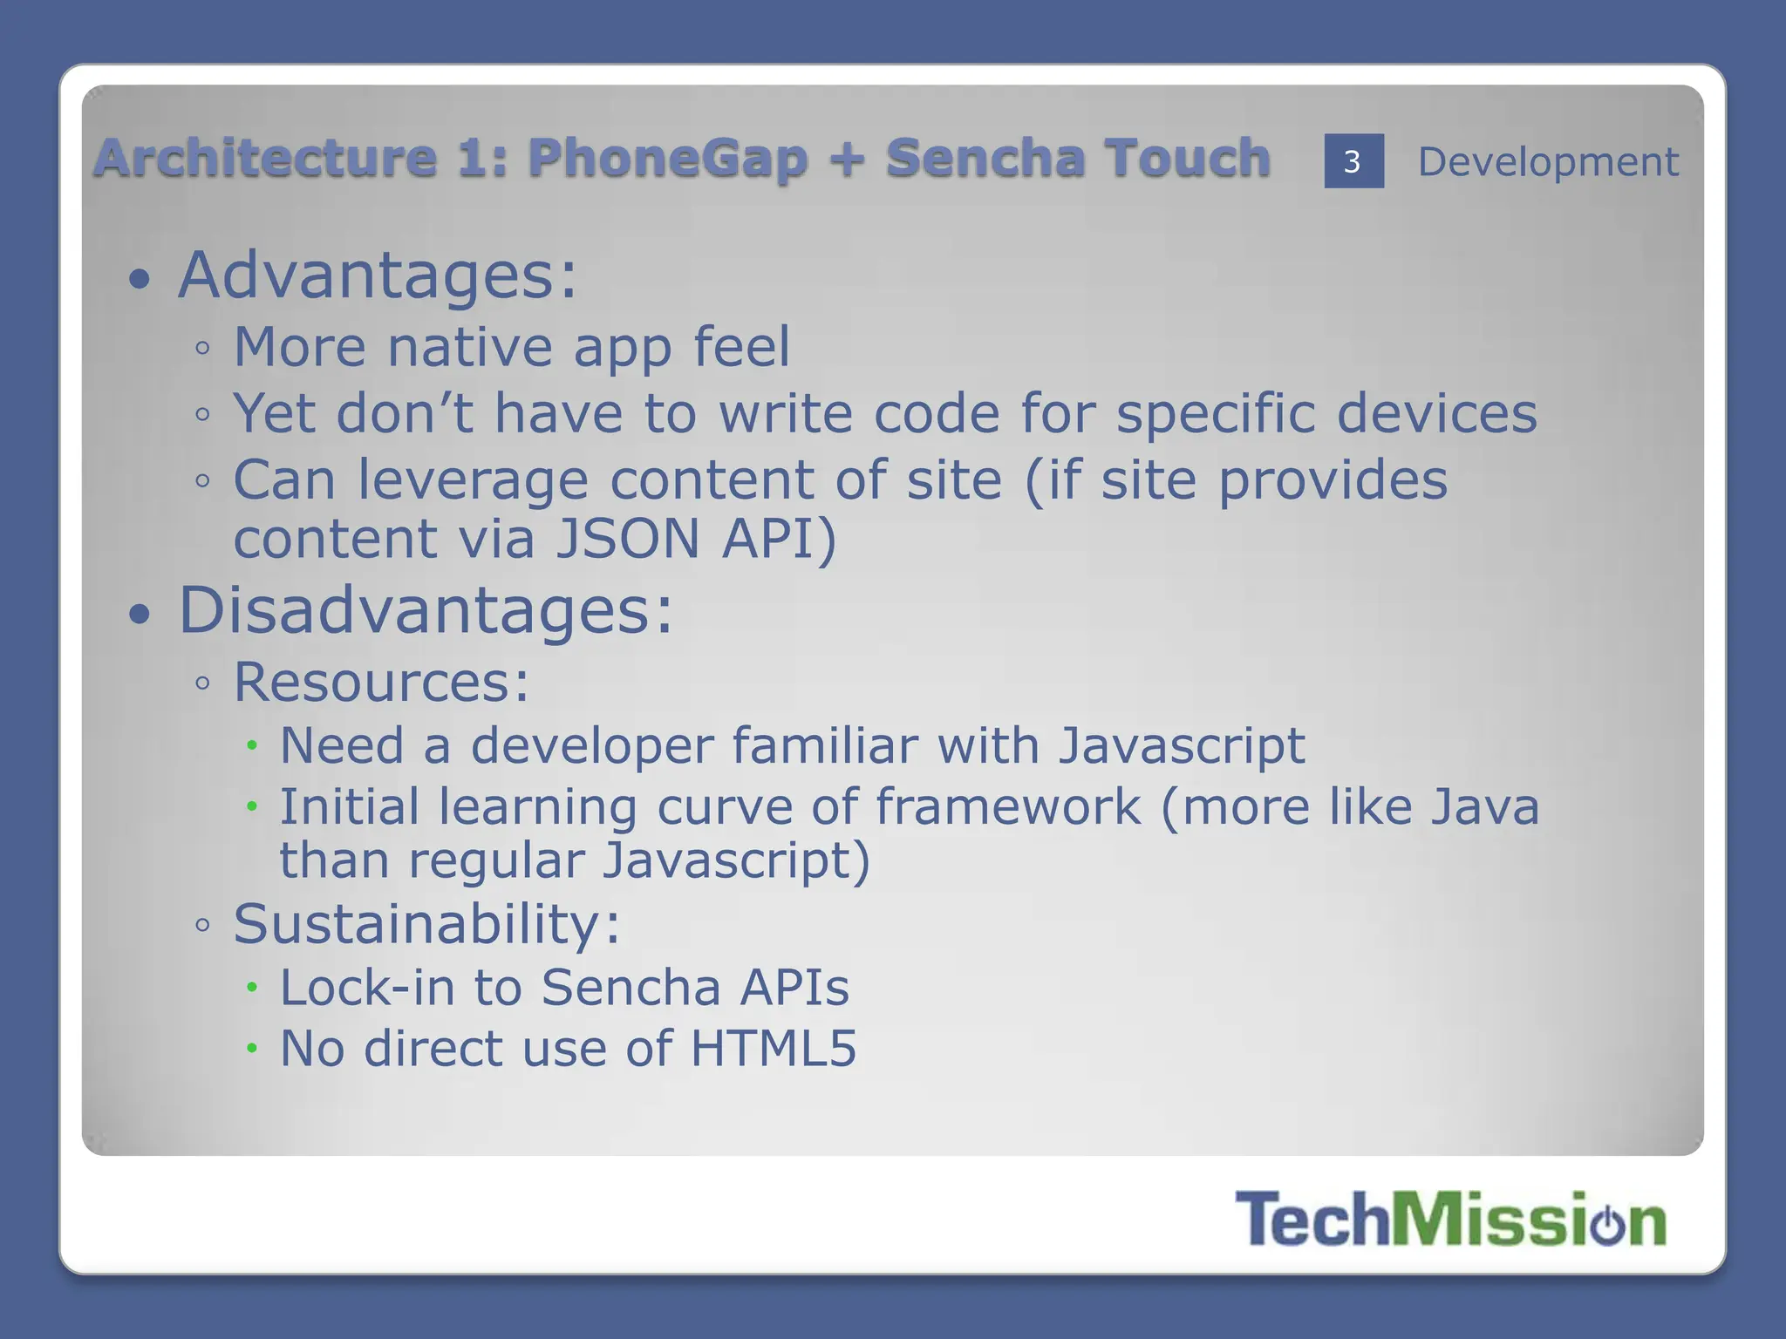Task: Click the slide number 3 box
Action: point(1353,161)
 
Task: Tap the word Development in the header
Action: point(1547,162)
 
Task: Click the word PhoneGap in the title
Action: point(667,159)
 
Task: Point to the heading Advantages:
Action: point(377,275)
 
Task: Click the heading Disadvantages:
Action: point(426,610)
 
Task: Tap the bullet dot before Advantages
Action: point(140,280)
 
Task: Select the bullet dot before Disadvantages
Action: point(140,615)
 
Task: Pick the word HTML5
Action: point(773,1048)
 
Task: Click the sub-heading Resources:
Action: point(381,682)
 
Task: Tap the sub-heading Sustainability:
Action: point(426,924)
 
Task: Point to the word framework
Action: point(1008,806)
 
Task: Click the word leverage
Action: point(473,480)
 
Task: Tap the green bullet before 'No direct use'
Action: point(252,1048)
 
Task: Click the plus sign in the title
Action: point(847,159)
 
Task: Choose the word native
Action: point(469,347)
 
